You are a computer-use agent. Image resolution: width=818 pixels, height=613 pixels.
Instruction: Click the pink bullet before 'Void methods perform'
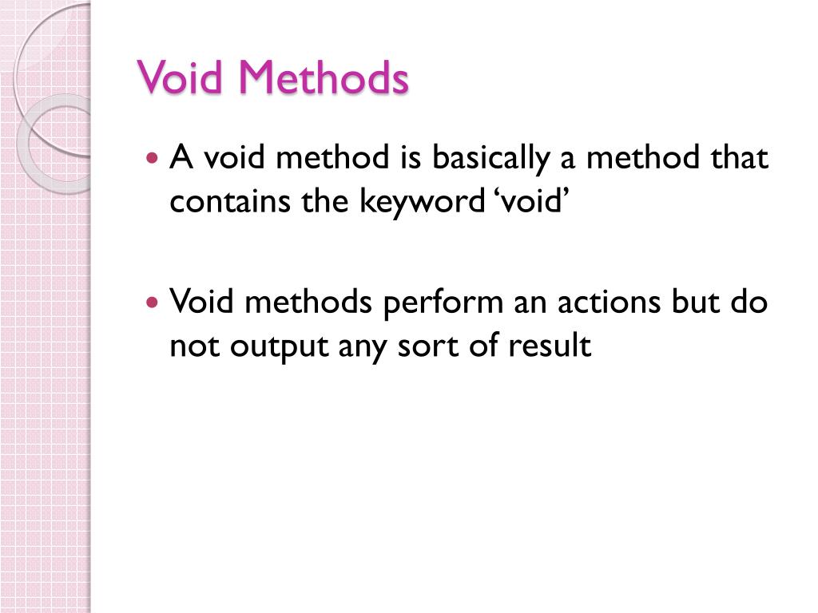pos(154,303)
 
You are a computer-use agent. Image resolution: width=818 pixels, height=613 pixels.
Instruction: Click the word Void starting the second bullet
pos(201,303)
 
